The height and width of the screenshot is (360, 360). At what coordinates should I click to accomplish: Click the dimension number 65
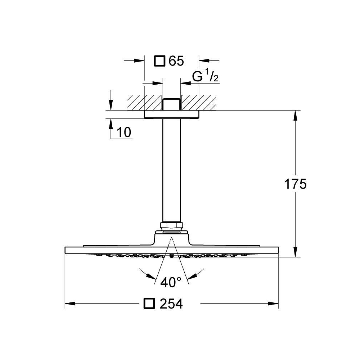click(176, 61)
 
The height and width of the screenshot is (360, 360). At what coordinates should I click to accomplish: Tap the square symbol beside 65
click(160, 61)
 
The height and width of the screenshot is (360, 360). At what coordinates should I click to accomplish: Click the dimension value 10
click(124, 132)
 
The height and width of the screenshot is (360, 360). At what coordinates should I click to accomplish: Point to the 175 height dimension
click(295, 184)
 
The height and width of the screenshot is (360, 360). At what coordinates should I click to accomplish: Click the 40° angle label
click(171, 282)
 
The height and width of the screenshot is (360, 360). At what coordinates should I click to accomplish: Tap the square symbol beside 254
click(149, 303)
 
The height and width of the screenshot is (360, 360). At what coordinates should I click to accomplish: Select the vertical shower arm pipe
click(171, 170)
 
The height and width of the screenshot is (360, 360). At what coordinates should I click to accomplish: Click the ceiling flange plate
click(171, 114)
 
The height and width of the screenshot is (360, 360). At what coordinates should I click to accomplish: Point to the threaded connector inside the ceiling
click(171, 104)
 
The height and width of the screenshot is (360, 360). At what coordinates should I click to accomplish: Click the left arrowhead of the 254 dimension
click(70, 303)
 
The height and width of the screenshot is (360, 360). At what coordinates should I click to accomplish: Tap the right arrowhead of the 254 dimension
click(274, 303)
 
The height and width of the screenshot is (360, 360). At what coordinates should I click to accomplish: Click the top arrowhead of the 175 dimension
click(295, 116)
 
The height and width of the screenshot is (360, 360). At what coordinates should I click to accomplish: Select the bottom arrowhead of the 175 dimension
click(295, 252)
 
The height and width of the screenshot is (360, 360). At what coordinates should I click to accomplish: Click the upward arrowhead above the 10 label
click(111, 124)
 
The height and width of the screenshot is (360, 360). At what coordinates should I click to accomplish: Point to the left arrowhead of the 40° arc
click(151, 276)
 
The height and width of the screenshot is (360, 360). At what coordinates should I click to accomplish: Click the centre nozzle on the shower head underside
click(171, 255)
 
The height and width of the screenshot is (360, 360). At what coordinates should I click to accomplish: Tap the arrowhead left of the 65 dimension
click(139, 61)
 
